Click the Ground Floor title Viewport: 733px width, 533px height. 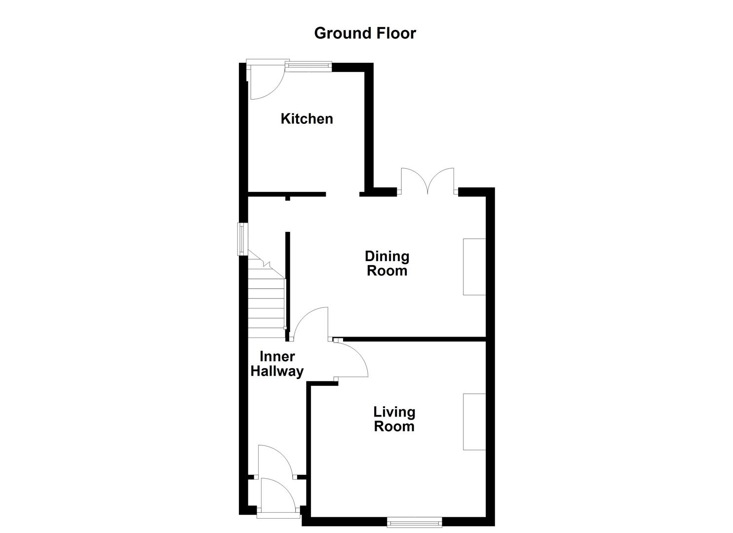pyautogui.click(x=365, y=33)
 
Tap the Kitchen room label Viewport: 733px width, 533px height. pyautogui.click(x=307, y=118)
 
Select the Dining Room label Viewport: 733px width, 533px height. pyautogui.click(x=387, y=263)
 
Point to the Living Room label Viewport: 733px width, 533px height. pyautogui.click(x=394, y=419)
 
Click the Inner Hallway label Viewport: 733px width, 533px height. pyautogui.click(x=277, y=364)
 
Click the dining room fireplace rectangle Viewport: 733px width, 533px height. pyautogui.click(x=474, y=266)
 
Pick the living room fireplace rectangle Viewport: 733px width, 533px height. pyautogui.click(x=474, y=421)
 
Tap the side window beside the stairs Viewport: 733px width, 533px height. pyautogui.click(x=242, y=239)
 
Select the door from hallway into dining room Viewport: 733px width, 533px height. pyautogui.click(x=310, y=324)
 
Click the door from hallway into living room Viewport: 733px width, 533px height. pyautogui.click(x=351, y=360)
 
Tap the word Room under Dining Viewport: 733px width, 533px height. pyautogui.click(x=387, y=270)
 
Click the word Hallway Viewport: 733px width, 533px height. pyautogui.click(x=277, y=371)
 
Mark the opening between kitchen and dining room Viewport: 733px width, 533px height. pyautogui.click(x=342, y=194)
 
